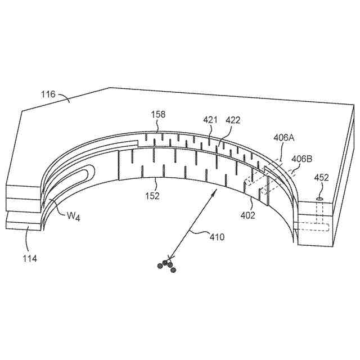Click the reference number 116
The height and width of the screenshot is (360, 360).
(48, 94)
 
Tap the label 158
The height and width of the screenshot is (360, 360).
(158, 115)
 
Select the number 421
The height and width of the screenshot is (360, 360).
(210, 120)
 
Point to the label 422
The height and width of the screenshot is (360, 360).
(233, 120)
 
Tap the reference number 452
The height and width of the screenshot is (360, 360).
(321, 178)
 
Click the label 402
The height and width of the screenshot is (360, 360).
(247, 215)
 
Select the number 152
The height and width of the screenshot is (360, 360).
(152, 196)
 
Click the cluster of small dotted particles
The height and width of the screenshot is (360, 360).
(167, 264)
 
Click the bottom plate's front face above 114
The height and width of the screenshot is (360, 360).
(22, 224)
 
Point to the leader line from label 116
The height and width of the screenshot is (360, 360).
(64, 100)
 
